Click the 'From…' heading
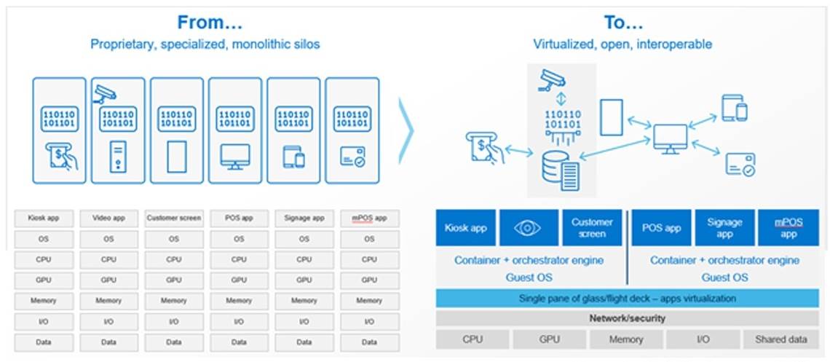click(205, 23)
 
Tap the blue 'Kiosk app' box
click(466, 228)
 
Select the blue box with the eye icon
click(529, 228)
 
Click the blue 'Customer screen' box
click(592, 228)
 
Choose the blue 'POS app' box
click(661, 228)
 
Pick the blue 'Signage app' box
click(724, 228)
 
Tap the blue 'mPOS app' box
click(788, 228)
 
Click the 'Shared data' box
click(781, 339)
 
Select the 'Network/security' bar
click(627, 318)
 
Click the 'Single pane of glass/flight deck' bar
click(627, 298)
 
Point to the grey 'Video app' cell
click(108, 218)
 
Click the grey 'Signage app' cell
click(304, 218)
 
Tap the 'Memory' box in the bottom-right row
click(626, 339)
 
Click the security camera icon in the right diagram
click(550, 79)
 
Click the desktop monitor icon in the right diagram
click(670, 138)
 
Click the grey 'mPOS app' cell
click(369, 218)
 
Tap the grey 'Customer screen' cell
click(173, 218)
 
